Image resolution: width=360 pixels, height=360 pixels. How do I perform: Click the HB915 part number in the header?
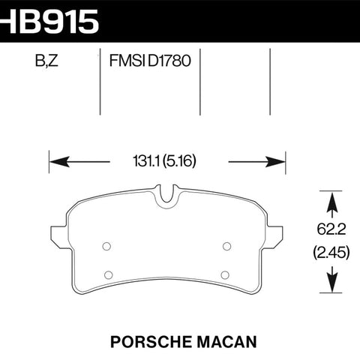click(x=49, y=21)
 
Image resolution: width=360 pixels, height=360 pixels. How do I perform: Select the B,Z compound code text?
click(x=46, y=61)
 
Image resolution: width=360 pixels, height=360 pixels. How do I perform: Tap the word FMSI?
click(x=127, y=61)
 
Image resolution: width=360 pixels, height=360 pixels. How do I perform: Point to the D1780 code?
click(x=169, y=61)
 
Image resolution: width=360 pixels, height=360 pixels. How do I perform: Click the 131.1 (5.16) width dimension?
click(x=164, y=161)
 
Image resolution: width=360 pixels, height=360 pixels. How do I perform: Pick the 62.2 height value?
click(x=331, y=229)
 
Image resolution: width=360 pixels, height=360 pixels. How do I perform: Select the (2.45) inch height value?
click(x=331, y=253)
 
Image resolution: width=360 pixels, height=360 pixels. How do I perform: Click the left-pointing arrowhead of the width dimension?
click(x=59, y=162)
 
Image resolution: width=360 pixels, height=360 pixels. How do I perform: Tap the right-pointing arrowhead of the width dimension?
click(x=275, y=162)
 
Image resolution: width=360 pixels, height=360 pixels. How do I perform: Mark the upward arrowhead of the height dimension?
click(x=332, y=202)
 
